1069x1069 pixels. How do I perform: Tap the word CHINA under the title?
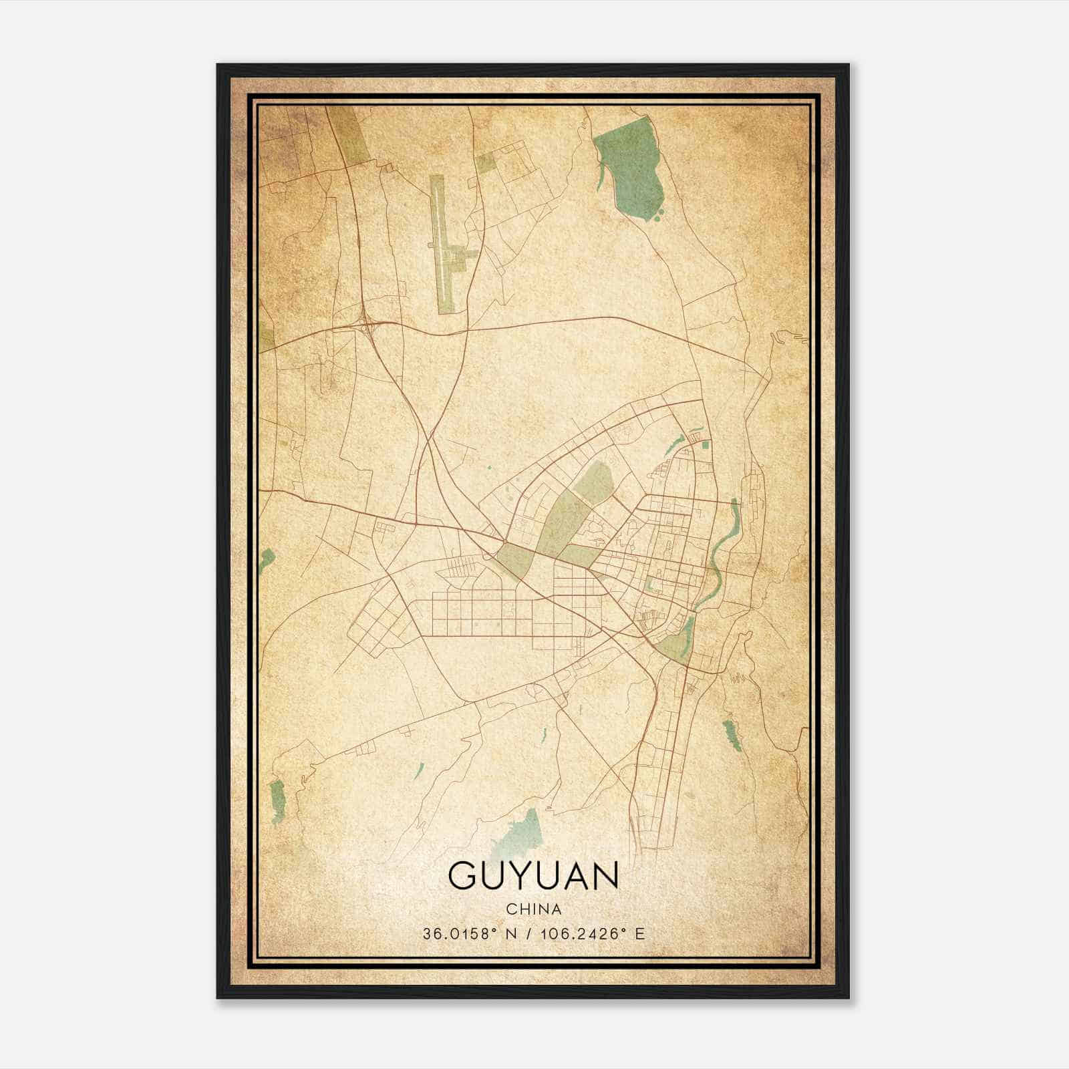(533, 909)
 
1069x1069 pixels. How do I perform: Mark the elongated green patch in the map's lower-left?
(277, 798)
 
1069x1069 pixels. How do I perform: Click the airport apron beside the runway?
(461, 257)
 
